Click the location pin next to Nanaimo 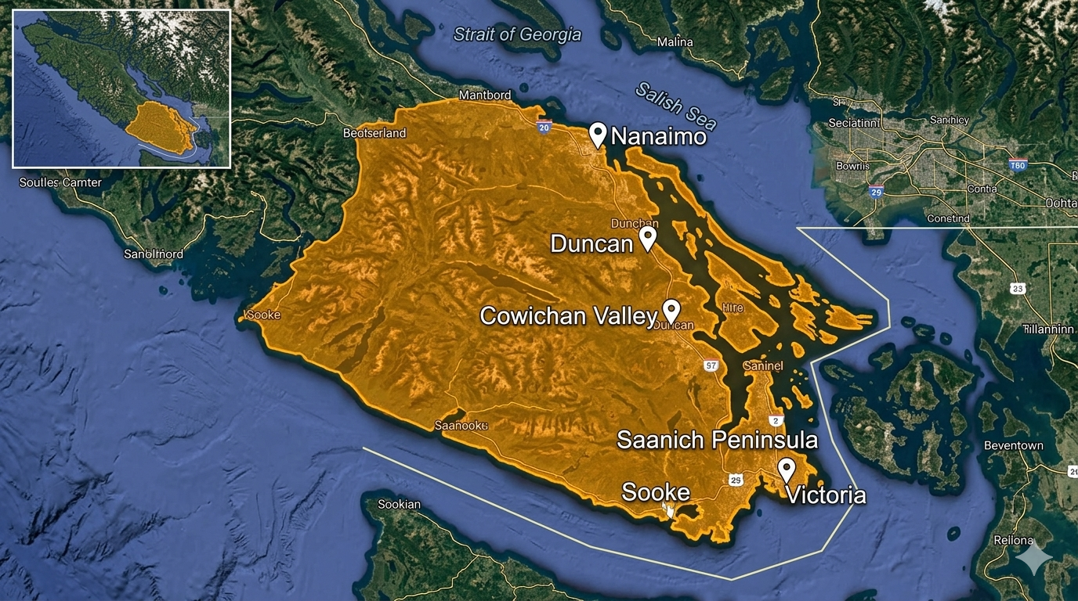[598, 135]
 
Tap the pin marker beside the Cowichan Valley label [671, 311]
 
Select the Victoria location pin [787, 470]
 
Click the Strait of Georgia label [517, 34]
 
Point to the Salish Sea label [675, 106]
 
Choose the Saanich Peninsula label [717, 440]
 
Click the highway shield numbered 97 [711, 365]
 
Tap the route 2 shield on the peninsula [775, 421]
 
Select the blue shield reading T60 [1018, 165]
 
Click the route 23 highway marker [1018, 289]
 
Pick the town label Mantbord [484, 95]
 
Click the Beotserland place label [374, 133]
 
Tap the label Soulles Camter [60, 182]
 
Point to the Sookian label [399, 504]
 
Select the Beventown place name [1014, 445]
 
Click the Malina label [675, 42]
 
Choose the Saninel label [762, 365]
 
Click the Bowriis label [852, 166]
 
